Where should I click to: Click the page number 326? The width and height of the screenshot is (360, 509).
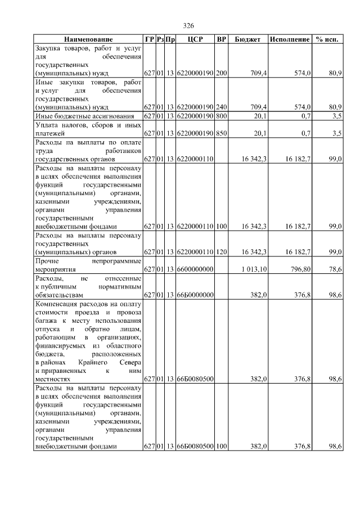pos(188,26)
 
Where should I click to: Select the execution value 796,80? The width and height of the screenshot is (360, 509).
pos(299,270)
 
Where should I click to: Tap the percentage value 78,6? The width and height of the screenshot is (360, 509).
pos(336,270)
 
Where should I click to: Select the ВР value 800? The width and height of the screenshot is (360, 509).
pos(222,116)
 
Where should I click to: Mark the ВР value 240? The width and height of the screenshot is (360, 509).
pos(222,107)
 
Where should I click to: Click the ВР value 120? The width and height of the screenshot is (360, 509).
pos(222,252)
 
